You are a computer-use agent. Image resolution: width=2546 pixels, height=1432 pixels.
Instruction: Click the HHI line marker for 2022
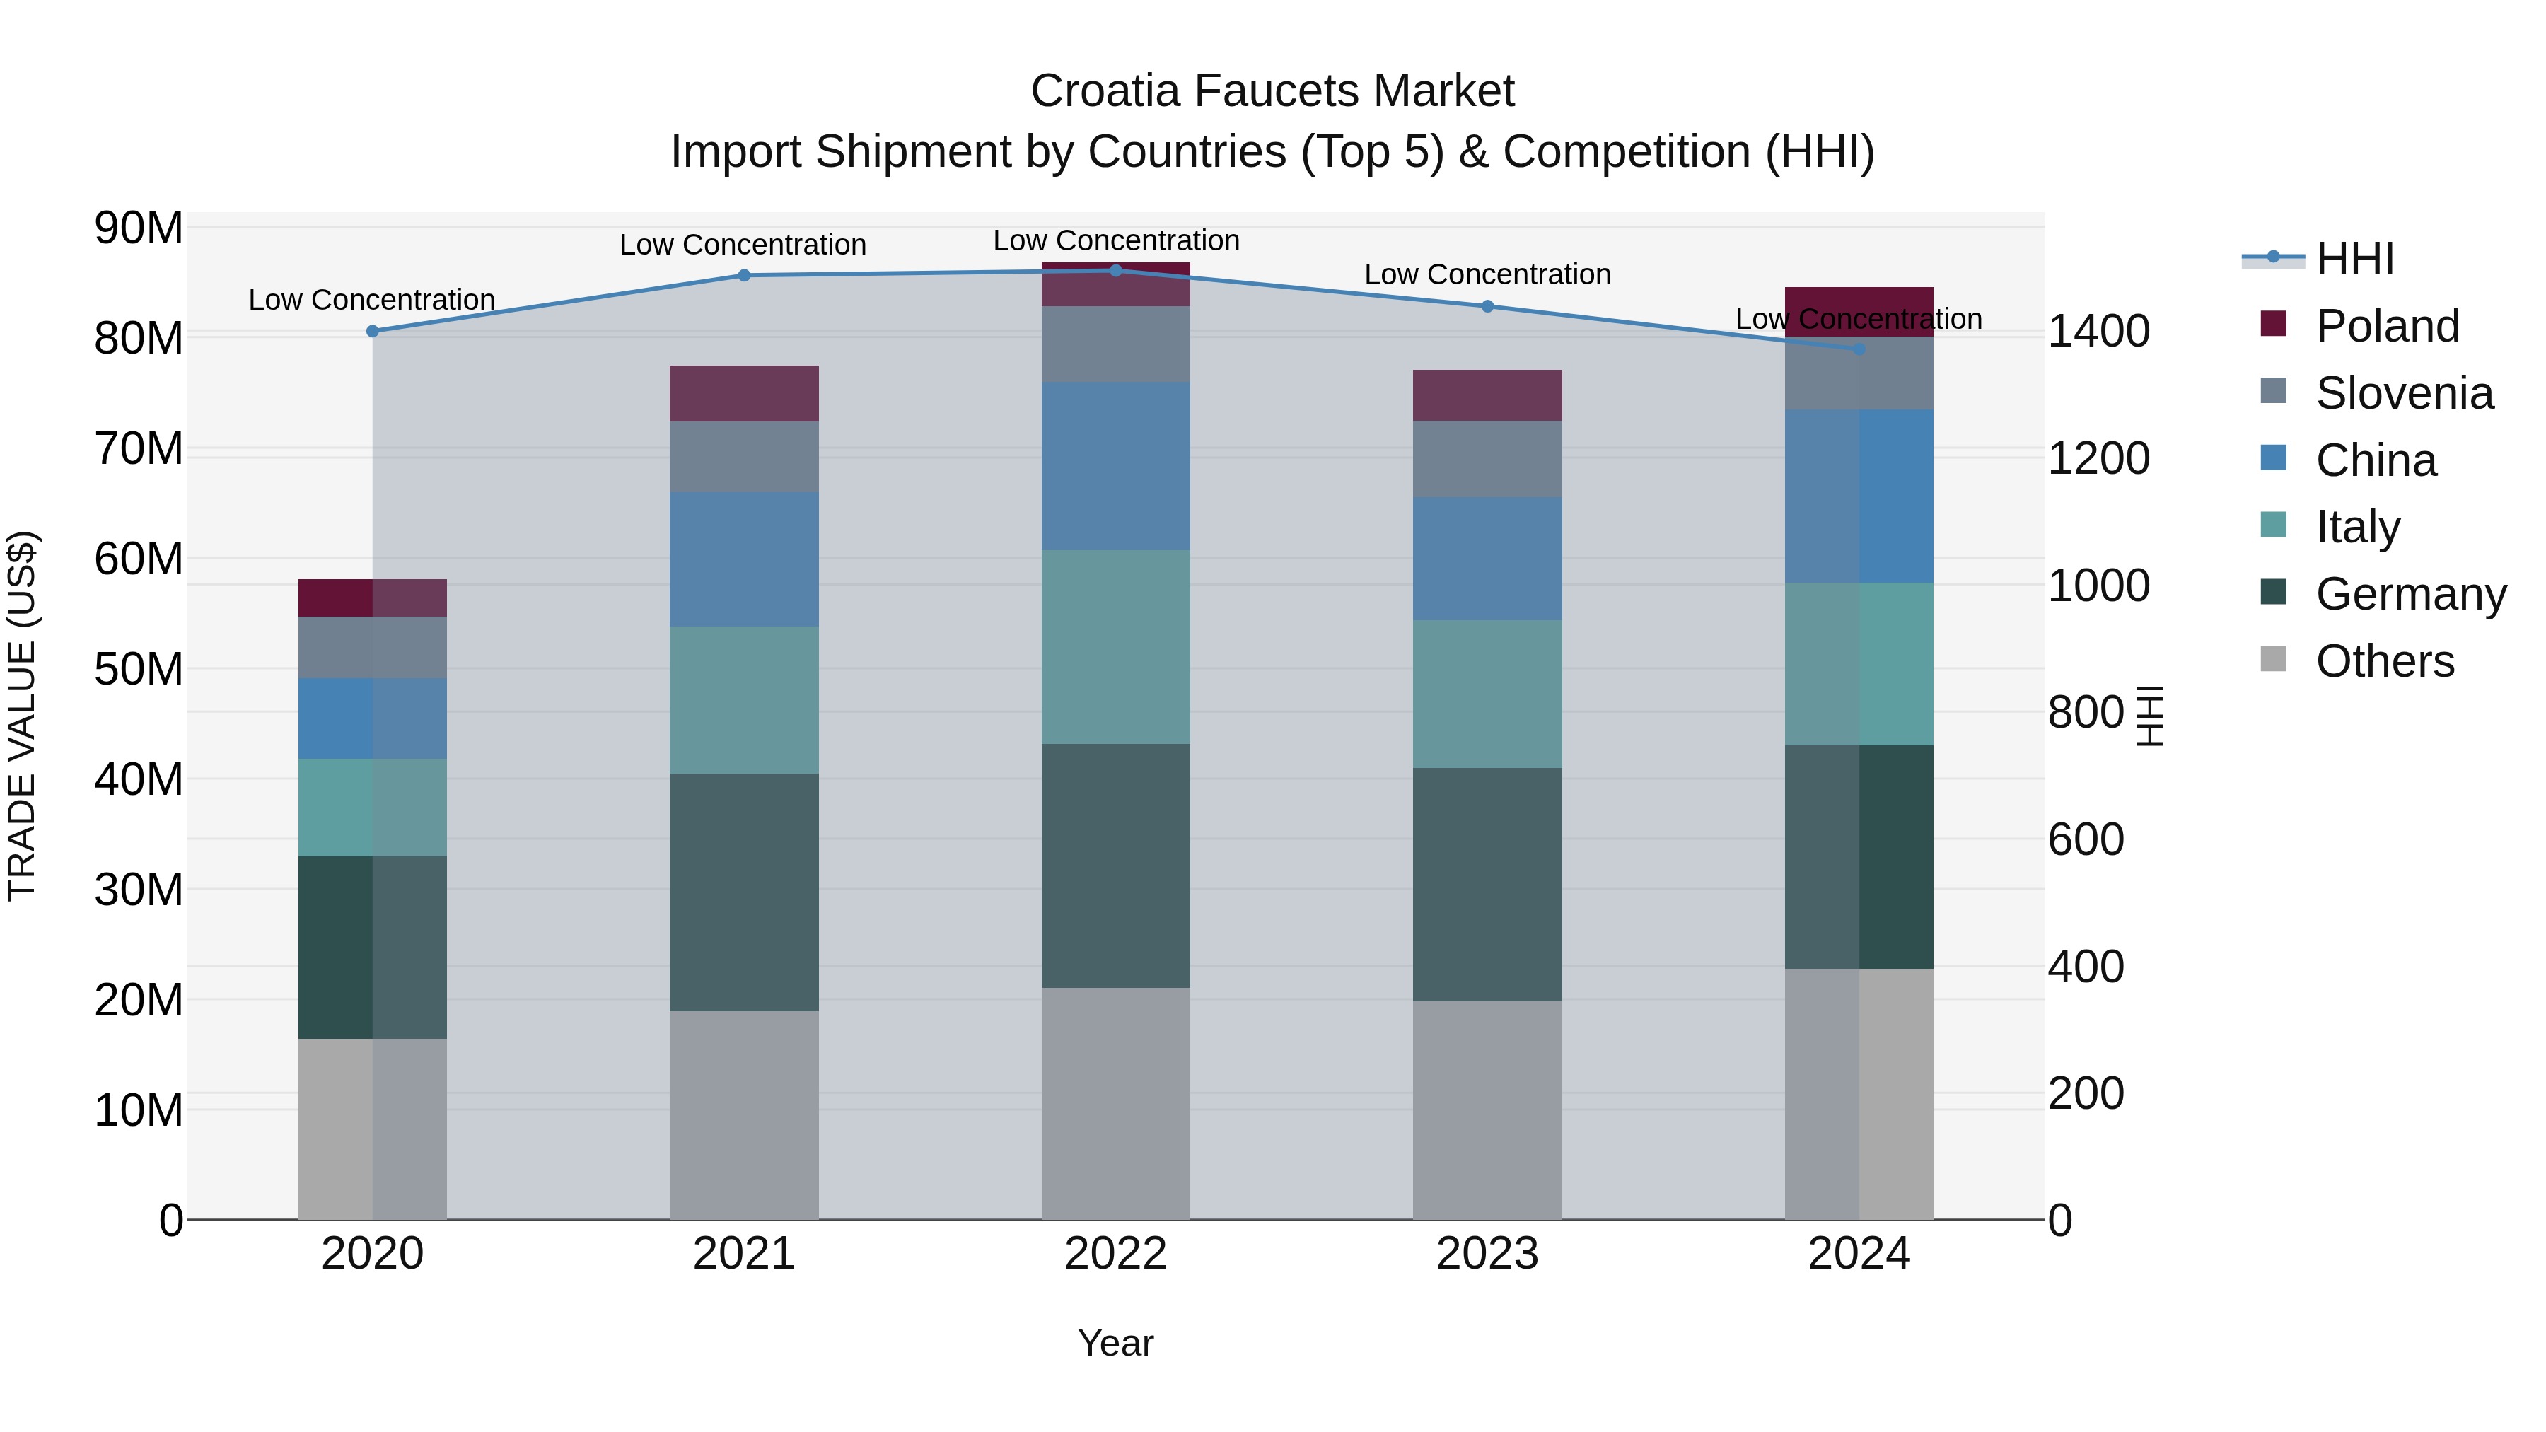pyautogui.click(x=1116, y=270)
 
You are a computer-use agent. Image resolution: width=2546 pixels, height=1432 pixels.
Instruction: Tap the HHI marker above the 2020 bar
pyautogui.click(x=373, y=331)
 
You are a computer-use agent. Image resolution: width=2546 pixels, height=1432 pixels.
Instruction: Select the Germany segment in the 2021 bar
pyautogui.click(x=743, y=892)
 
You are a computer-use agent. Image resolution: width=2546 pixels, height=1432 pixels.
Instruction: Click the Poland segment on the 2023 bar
pyautogui.click(x=1487, y=395)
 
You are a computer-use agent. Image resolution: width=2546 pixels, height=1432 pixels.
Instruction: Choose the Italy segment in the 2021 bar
pyautogui.click(x=743, y=699)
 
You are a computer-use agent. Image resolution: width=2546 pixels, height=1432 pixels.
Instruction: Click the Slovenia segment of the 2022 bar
pyautogui.click(x=1116, y=344)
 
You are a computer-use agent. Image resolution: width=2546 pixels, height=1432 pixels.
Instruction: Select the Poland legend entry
pyautogui.click(x=2386, y=326)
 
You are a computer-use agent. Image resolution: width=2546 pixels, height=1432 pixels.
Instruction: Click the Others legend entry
pyautogui.click(x=2384, y=661)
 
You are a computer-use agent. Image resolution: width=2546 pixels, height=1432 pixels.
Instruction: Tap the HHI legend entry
pyautogui.click(x=2354, y=259)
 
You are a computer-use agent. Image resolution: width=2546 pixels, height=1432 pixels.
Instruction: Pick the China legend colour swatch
pyautogui.click(x=2273, y=458)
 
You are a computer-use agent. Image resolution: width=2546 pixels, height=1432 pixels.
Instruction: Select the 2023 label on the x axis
pyautogui.click(x=1487, y=1254)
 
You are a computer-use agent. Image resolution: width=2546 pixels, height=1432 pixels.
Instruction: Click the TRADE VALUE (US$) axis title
pyautogui.click(x=22, y=716)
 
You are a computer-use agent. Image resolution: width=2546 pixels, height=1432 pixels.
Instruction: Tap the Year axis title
pyautogui.click(x=1116, y=1343)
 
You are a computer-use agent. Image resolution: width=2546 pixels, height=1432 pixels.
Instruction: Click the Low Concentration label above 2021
pyautogui.click(x=743, y=244)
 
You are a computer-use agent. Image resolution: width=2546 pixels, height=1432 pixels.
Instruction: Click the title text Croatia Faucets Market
pyautogui.click(x=1272, y=91)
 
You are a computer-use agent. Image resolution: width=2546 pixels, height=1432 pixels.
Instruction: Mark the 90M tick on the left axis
pyautogui.click(x=139, y=228)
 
